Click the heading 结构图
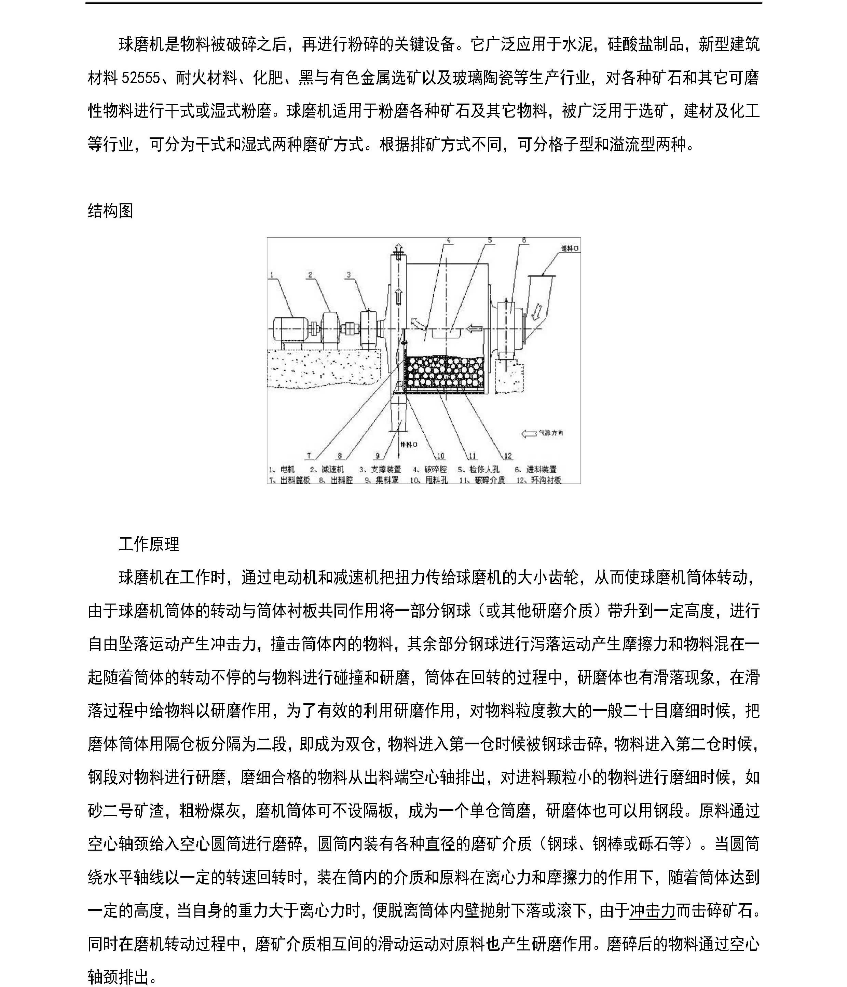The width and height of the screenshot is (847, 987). click(110, 211)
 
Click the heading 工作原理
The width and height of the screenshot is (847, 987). click(149, 544)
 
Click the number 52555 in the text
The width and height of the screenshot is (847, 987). click(141, 78)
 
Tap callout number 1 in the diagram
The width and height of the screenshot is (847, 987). click(271, 275)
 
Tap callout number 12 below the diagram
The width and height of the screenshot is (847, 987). click(508, 456)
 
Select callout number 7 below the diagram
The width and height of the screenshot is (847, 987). click(309, 456)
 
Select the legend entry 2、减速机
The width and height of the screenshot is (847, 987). click(327, 470)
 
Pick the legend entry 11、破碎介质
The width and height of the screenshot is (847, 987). click(482, 480)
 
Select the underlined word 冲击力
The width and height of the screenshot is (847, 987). click(652, 911)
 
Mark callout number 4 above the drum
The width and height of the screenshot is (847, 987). click(448, 241)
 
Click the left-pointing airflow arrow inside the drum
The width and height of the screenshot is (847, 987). click(475, 328)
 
